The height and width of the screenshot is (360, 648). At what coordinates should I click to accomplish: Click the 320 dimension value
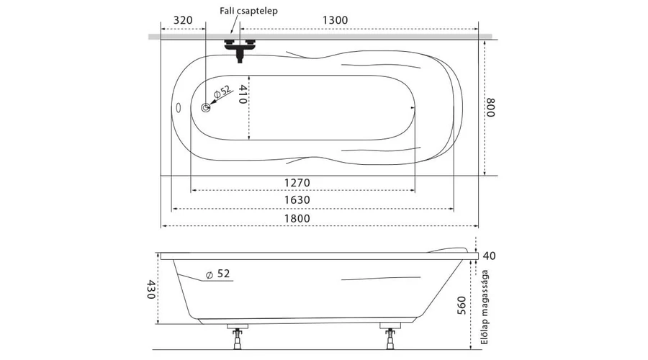[x=183, y=20]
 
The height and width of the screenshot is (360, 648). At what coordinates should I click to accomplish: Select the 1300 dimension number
[x=335, y=20]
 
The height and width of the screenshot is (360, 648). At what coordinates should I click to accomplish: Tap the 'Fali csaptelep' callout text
[x=249, y=10]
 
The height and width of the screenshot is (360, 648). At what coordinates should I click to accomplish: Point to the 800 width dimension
[x=490, y=107]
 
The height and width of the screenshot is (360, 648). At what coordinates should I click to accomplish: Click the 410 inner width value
[x=243, y=94]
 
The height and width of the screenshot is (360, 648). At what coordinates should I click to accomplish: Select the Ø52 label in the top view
[x=222, y=91]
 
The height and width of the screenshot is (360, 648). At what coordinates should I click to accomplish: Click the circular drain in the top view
[x=206, y=108]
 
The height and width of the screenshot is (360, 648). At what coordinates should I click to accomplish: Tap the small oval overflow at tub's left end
[x=179, y=108]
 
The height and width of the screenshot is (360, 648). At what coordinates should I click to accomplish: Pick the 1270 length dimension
[x=297, y=182]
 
